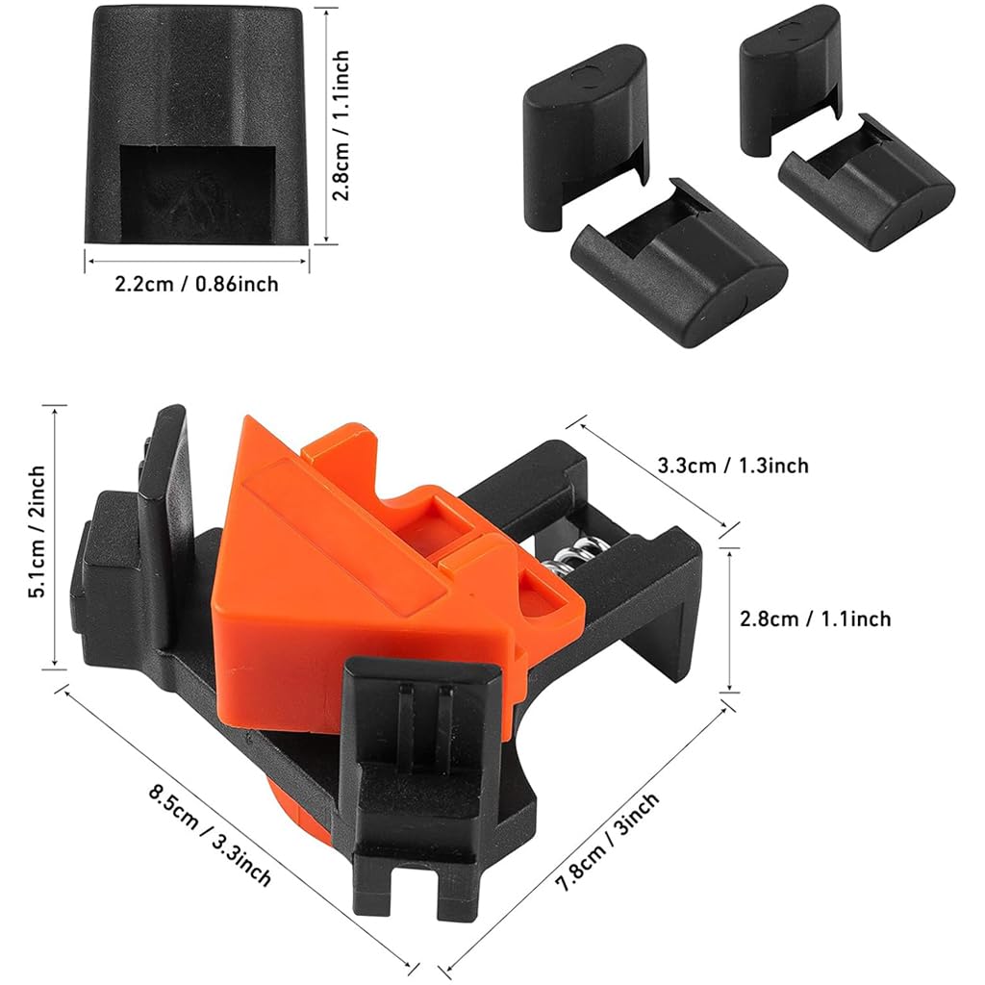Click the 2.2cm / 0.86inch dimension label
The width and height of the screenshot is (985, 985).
pos(197,285)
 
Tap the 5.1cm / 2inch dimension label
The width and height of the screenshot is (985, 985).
pos(38,532)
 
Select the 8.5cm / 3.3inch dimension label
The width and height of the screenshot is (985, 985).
pos(211,836)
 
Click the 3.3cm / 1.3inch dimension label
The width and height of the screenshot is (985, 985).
pos(733,466)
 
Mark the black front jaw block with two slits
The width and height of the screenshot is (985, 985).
pos(423,731)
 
